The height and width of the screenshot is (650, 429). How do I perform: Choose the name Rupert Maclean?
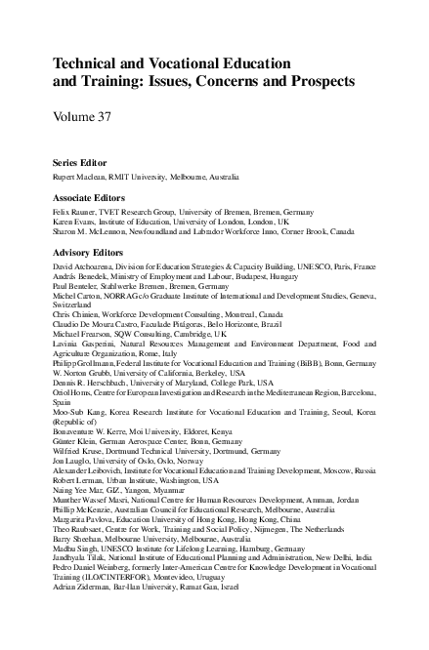(x=79, y=177)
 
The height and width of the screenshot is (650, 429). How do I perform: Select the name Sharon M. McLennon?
(x=88, y=233)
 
